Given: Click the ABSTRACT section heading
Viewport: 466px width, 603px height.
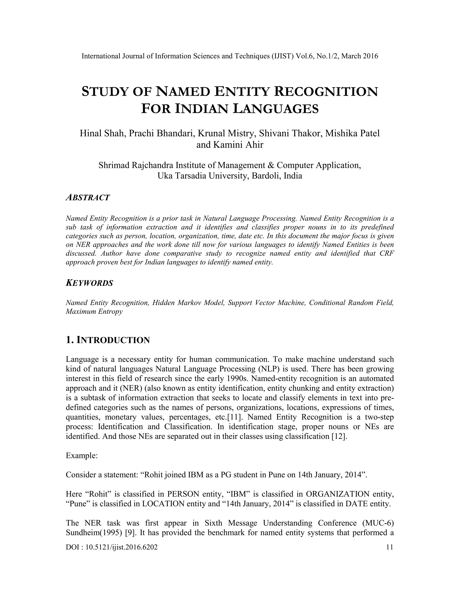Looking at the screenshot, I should pos(88,198).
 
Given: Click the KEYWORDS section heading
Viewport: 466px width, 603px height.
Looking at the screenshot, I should pos(89,283).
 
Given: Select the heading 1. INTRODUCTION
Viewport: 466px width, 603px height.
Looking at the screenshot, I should pos(108,340).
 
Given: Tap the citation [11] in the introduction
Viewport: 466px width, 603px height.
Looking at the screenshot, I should pos(234,417).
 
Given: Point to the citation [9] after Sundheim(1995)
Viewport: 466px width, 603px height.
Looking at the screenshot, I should pos(129,533).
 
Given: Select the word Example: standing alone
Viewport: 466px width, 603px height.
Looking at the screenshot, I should pos(82,456).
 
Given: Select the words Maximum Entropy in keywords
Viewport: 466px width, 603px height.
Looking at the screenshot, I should pos(94,312).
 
